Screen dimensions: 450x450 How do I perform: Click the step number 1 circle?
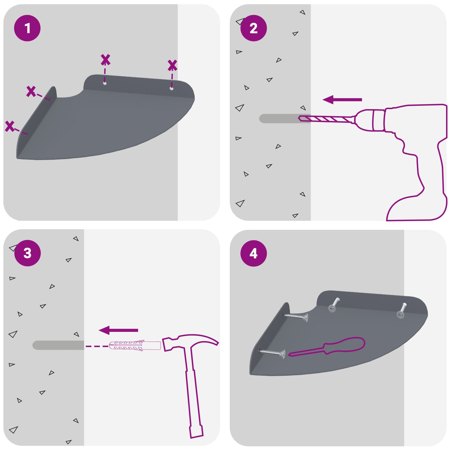pyautogui.click(x=27, y=28)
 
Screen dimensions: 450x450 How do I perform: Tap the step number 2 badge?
pyautogui.click(x=253, y=28)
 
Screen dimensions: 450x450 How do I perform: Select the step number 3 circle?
pyautogui.click(x=27, y=253)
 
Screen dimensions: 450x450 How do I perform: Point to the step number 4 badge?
pyautogui.click(x=253, y=253)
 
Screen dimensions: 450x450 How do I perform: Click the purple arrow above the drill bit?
pyautogui.click(x=342, y=100)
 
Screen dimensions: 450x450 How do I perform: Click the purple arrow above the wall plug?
pyautogui.click(x=118, y=330)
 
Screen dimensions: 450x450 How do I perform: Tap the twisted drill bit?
pyautogui.click(x=326, y=119)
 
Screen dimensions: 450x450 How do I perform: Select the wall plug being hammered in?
pyautogui.click(x=135, y=346)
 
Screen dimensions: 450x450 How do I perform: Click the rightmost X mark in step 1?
pyautogui.click(x=172, y=65)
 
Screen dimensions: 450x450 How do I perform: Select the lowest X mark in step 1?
pyautogui.click(x=10, y=126)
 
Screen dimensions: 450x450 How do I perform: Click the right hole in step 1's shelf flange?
pyautogui.click(x=171, y=89)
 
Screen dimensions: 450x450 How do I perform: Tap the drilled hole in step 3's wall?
pyautogui.click(x=58, y=345)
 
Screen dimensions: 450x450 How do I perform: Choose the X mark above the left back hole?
pyautogui.click(x=105, y=60)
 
